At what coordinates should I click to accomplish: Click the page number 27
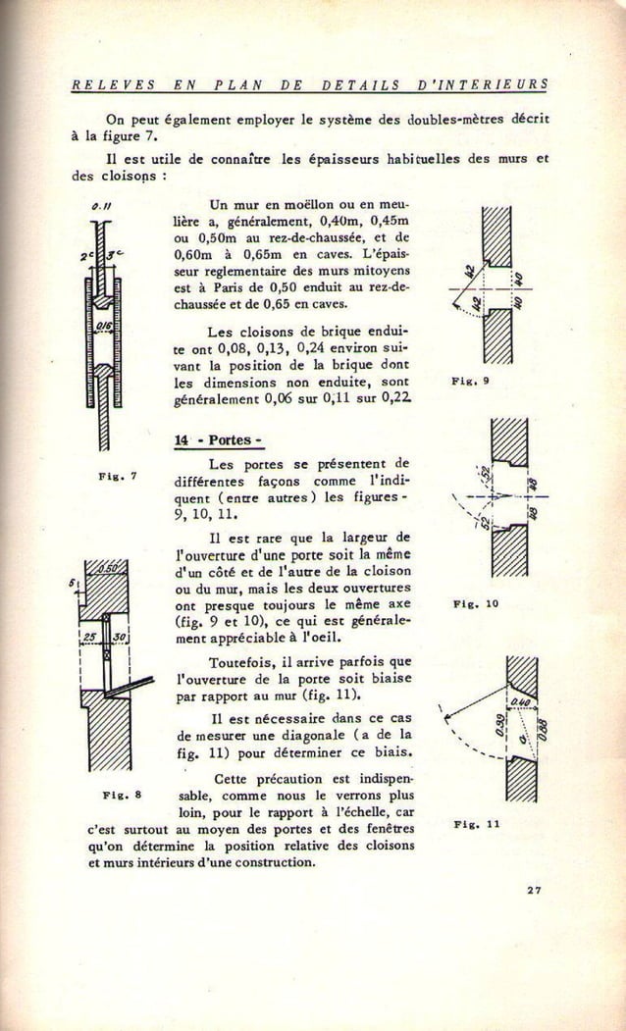coord(533,890)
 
